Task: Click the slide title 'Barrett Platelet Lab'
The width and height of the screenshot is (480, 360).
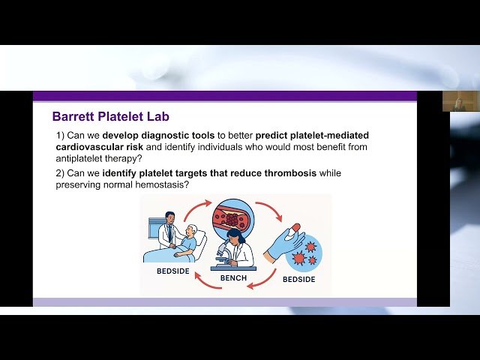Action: tap(110, 116)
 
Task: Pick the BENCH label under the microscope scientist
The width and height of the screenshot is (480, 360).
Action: tap(233, 278)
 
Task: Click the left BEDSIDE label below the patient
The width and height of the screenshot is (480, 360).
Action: tap(172, 271)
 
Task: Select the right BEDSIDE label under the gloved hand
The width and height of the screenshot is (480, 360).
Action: tap(298, 280)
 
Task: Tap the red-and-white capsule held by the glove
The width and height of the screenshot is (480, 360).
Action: tap(295, 227)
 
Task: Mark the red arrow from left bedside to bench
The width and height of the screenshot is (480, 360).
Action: tap(196, 207)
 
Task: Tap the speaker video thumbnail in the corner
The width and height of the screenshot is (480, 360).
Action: tap(460, 101)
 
